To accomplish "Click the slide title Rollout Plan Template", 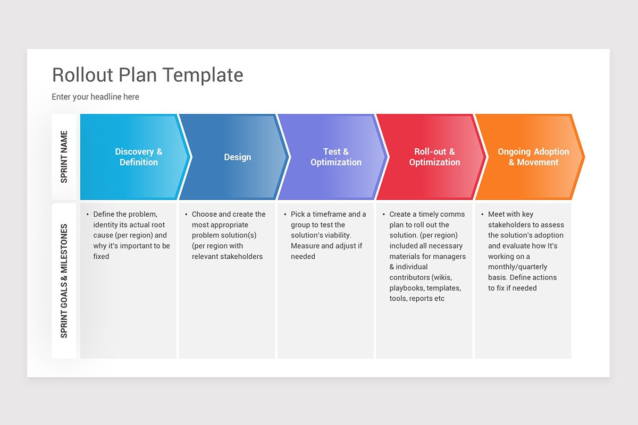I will [147, 75].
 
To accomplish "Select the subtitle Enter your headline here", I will [95, 97].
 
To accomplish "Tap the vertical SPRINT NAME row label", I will [64, 157].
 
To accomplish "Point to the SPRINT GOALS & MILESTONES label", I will [64, 280].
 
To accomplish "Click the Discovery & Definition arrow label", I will [138, 157].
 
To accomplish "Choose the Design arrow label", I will [237, 157].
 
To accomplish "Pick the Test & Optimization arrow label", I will [335, 157].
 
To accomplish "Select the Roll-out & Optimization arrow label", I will [434, 157].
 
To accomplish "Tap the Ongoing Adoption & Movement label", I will [533, 157].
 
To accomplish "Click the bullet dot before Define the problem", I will [87, 215].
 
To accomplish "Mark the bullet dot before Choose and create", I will [186, 215].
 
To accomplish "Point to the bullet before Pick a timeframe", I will [284, 215].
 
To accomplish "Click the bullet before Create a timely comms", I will [383, 215].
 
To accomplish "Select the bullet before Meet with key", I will [482, 215].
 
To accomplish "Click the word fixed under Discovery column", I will [101, 257].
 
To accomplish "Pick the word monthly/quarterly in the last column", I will [517, 267].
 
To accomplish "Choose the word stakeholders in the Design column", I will [242, 257].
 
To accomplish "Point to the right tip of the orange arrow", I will [584, 157].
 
